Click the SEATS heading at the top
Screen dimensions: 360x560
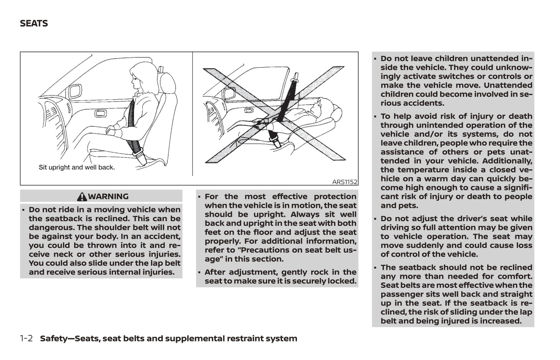pyautogui.click(x=34, y=24)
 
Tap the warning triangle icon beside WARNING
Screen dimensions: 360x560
pyautogui.click(x=82, y=197)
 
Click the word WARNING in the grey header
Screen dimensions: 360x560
pyautogui.click(x=108, y=196)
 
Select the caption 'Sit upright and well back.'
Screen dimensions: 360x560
pyautogui.click(x=77, y=167)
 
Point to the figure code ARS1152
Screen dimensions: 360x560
pyautogui.click(x=345, y=182)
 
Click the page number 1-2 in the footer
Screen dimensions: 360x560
pyautogui.click(x=26, y=338)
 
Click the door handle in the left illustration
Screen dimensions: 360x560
pyautogui.click(x=100, y=114)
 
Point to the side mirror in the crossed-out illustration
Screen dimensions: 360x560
pyautogui.click(x=229, y=94)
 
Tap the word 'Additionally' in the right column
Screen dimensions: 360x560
pyautogui.click(x=507, y=161)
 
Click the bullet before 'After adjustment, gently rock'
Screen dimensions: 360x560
pyautogui.click(x=200, y=272)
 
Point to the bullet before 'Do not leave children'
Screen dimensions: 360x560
pyautogui.click(x=375, y=59)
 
